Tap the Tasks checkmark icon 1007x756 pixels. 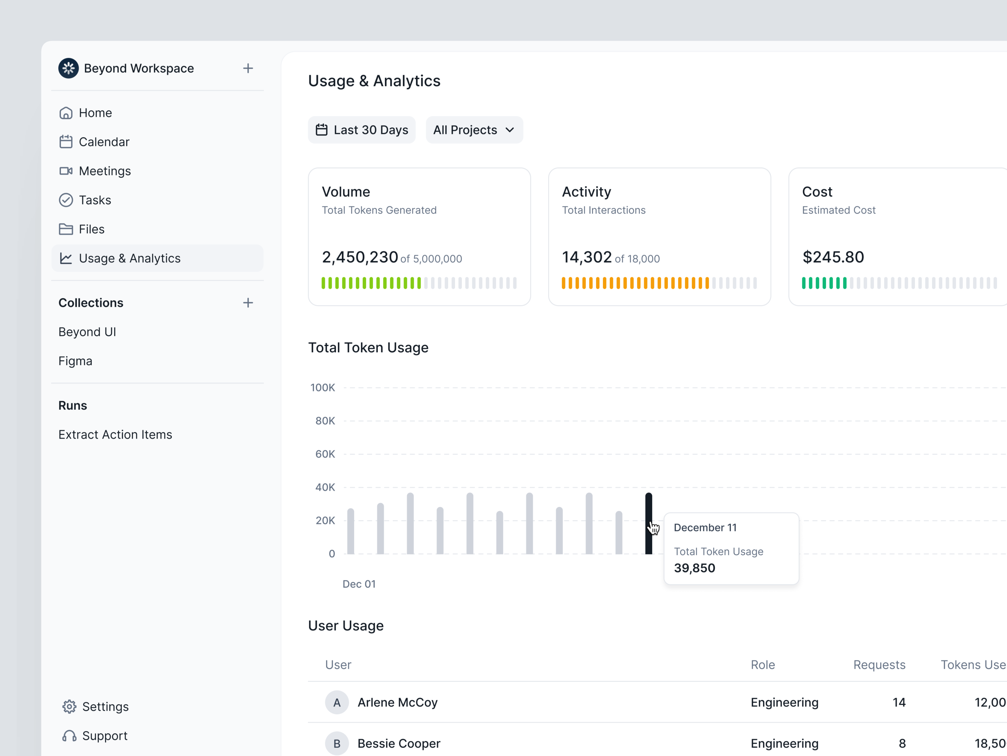[x=66, y=200]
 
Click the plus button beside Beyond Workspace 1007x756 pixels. [x=248, y=68]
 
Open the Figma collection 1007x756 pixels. [x=75, y=361]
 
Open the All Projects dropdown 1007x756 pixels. [x=474, y=130]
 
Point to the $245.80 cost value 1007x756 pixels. [x=833, y=257]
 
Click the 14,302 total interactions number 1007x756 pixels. [x=586, y=257]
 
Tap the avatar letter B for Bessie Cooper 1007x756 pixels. [x=337, y=743]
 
